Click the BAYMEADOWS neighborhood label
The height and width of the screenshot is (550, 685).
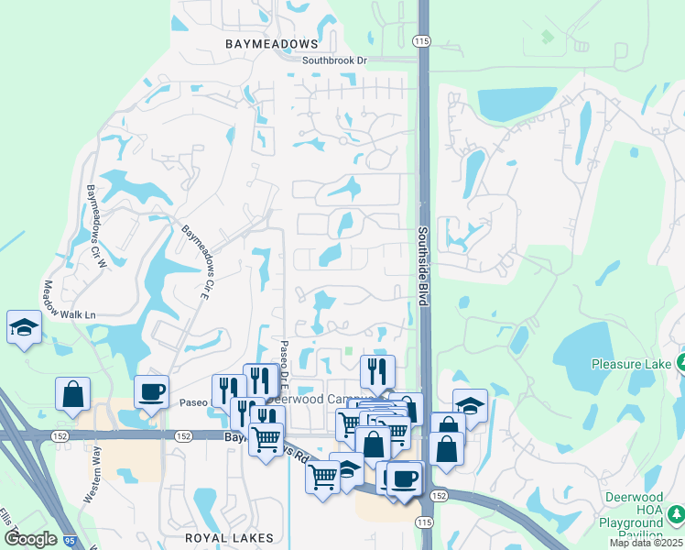pyautogui.click(x=272, y=43)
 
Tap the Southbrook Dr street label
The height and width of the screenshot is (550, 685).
pyautogui.click(x=334, y=60)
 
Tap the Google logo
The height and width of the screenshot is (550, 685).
pyautogui.click(x=31, y=538)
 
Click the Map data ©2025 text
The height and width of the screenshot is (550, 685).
pyautogui.click(x=645, y=543)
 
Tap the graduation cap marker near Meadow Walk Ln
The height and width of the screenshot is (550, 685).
pyautogui.click(x=22, y=327)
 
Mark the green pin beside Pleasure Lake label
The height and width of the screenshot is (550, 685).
pyautogui.click(x=681, y=363)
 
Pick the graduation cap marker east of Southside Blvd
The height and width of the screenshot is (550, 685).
pyautogui.click(x=470, y=404)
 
